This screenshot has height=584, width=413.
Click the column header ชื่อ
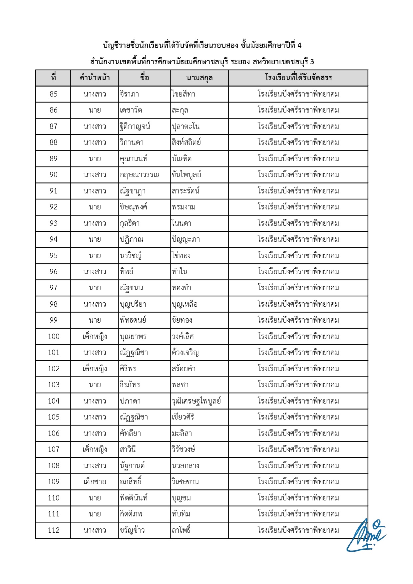tap(144, 78)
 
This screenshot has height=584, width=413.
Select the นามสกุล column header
tap(199, 78)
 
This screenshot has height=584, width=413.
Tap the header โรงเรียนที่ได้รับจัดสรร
tap(298, 78)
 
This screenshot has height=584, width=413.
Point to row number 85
tap(53, 94)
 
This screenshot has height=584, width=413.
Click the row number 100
tap(53, 337)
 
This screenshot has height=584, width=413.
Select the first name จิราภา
tap(129, 94)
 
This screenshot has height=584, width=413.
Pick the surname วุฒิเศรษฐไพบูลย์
tap(196, 401)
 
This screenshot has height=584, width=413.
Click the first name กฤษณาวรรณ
tap(140, 175)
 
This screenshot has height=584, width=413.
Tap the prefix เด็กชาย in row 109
tap(95, 482)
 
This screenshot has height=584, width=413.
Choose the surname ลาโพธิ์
tap(181, 530)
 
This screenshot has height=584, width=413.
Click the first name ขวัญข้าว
tap(132, 530)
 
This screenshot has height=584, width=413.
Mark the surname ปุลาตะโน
tap(186, 127)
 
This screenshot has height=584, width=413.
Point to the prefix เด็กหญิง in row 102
tap(95, 369)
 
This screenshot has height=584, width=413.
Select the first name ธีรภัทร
tap(130, 385)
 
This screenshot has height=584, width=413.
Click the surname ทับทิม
tap(181, 514)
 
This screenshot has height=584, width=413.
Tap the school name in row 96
tap(298, 272)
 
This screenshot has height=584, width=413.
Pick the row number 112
tap(53, 530)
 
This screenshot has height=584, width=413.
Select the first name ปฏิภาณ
tap(132, 239)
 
